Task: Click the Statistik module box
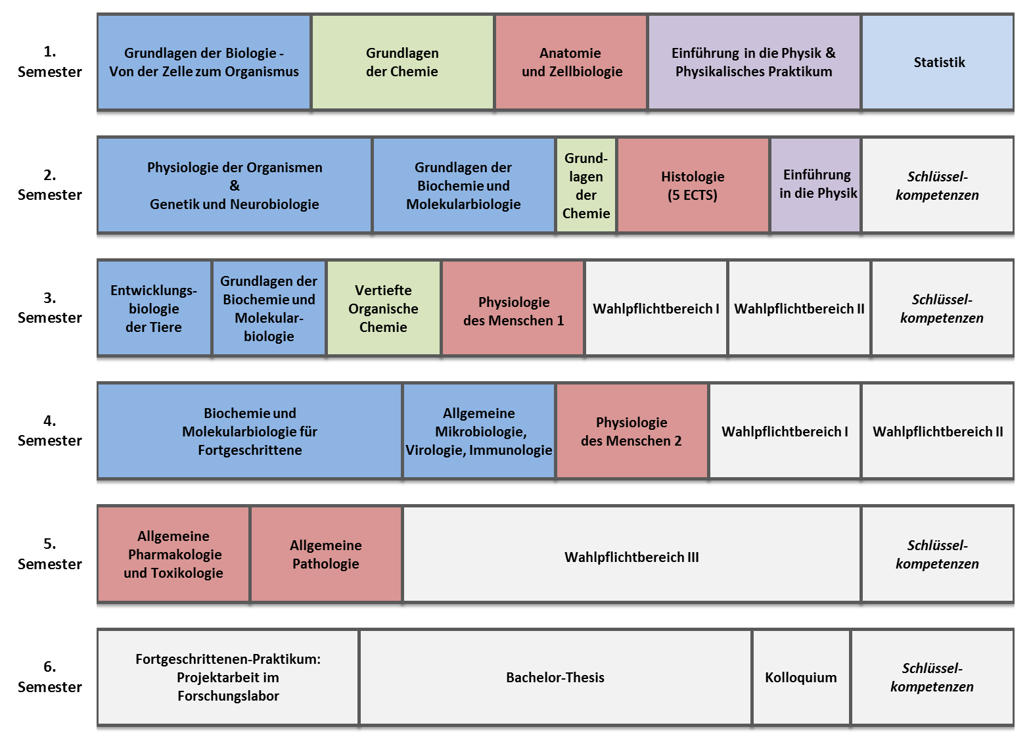pyautogui.click(x=938, y=62)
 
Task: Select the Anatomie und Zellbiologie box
pyautogui.click(x=571, y=62)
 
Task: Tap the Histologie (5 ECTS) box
pyautogui.click(x=693, y=185)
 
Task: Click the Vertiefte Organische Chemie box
pyautogui.click(x=383, y=308)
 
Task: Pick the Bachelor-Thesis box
pyautogui.click(x=555, y=677)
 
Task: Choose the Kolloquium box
pyautogui.click(x=800, y=677)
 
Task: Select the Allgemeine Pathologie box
pyautogui.click(x=326, y=554)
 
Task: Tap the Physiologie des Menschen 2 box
pyautogui.click(x=631, y=431)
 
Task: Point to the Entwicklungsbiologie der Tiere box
pyautogui.click(x=154, y=308)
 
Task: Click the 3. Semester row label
pyautogui.click(x=50, y=308)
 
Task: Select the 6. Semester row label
pyautogui.click(x=50, y=676)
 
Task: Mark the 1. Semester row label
pyautogui.click(x=50, y=62)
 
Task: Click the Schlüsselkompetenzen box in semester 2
pyautogui.click(x=937, y=185)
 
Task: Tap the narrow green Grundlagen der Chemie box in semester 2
pyautogui.click(x=586, y=185)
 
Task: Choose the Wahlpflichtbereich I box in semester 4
pyautogui.click(x=785, y=431)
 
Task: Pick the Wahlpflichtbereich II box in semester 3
pyautogui.click(x=799, y=308)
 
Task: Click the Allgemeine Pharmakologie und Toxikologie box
pyautogui.click(x=173, y=554)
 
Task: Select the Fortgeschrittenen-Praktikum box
pyautogui.click(x=228, y=677)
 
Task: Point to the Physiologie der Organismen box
pyautogui.click(x=235, y=185)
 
